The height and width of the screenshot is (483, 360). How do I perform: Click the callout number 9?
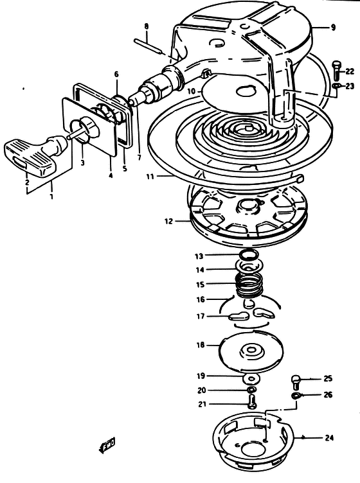coord(333,28)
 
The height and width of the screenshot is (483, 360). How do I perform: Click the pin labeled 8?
coord(148,46)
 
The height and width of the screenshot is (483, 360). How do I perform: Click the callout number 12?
coord(168,221)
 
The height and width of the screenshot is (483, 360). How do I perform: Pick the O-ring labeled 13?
coord(249,255)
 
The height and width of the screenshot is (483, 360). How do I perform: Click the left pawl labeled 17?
coord(239,317)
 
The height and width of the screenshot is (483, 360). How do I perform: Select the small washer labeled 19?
coord(252,378)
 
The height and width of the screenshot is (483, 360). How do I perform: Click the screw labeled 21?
coord(252,402)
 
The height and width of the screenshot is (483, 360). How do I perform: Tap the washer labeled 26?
coord(296,395)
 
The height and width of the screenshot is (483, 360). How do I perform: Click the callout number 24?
coord(329,437)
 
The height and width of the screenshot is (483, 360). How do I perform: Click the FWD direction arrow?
coord(107,445)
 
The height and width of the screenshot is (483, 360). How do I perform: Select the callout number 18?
coord(201,345)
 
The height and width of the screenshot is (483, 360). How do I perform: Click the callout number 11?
coord(150,176)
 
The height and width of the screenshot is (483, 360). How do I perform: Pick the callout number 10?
coord(192,91)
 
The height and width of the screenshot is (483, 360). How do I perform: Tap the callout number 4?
coord(111,175)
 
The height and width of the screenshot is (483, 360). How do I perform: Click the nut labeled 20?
coord(251,390)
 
